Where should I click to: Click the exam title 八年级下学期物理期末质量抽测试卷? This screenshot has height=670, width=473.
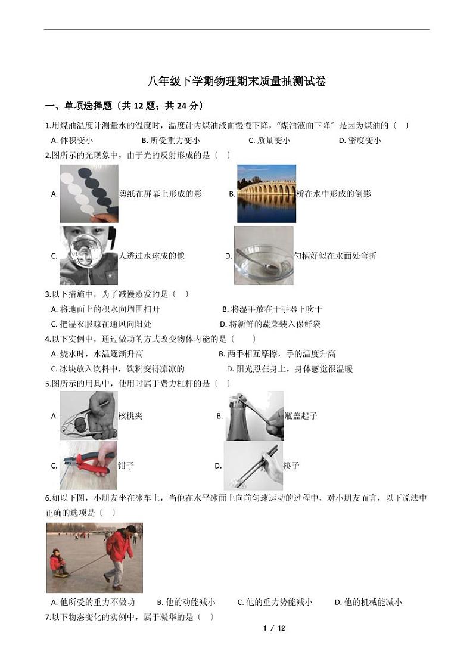(236, 82)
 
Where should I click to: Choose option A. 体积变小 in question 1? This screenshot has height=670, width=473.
(72, 141)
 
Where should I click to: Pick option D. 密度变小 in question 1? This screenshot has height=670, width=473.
(359, 141)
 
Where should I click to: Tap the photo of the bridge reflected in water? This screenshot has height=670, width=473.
(266, 193)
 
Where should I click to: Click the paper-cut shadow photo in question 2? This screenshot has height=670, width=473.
(89, 193)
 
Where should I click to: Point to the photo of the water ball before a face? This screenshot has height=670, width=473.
(89, 256)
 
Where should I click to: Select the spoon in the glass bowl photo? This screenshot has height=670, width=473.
(263, 256)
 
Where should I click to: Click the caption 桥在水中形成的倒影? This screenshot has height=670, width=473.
(334, 194)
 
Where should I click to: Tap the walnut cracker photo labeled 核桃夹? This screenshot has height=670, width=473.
(89, 415)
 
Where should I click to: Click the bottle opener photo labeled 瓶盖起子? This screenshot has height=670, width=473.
(254, 415)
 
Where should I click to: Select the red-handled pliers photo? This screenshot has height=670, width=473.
(89, 466)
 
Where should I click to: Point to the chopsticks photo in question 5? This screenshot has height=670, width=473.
(253, 466)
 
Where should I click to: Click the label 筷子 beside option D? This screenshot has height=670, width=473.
(291, 466)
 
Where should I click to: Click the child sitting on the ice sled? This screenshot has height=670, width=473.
(58, 563)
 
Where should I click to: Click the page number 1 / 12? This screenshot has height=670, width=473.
(274, 628)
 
